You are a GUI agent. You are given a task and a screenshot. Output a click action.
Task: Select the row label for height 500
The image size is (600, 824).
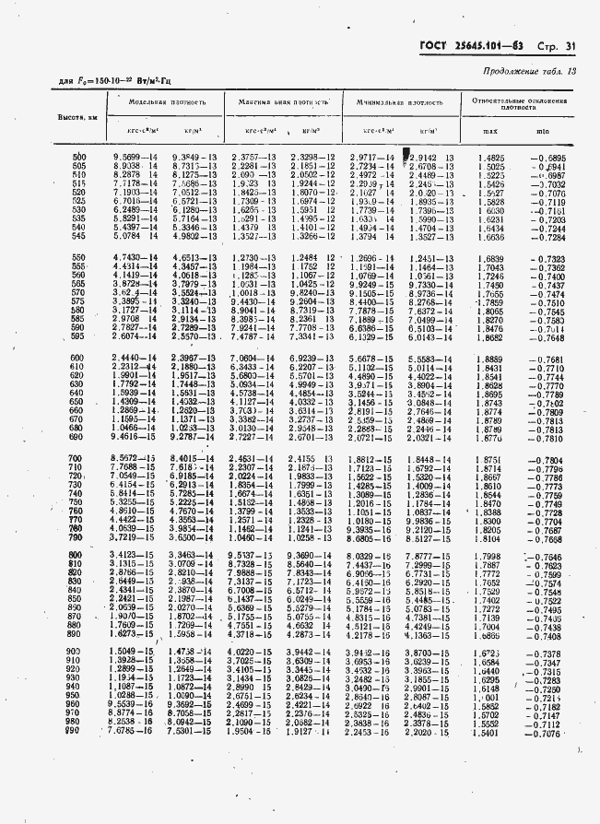point(78,158)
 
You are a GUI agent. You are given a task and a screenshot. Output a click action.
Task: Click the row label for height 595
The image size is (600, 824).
point(78,337)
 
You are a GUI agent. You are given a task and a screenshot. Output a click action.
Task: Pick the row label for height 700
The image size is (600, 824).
point(78,458)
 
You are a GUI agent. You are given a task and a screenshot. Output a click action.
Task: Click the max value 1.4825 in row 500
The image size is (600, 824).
point(490,158)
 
